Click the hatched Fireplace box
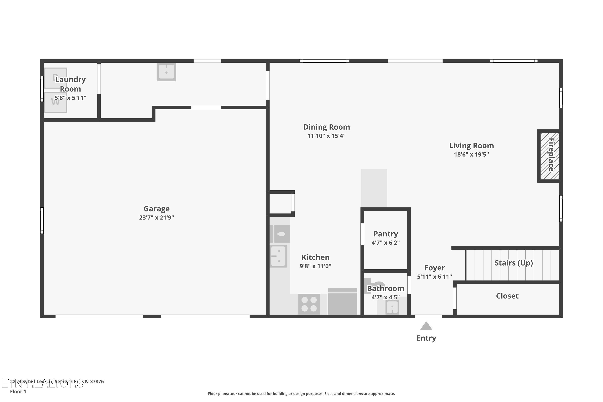pyautogui.click(x=549, y=156)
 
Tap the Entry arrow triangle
pyautogui.click(x=426, y=326)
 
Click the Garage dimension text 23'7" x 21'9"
pyautogui.click(x=156, y=217)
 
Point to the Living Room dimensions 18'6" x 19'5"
pyautogui.click(x=471, y=154)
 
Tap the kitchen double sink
pyautogui.click(x=278, y=256)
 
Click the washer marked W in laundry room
pyautogui.click(x=55, y=102)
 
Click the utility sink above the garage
pyautogui.click(x=166, y=72)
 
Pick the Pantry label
pyautogui.click(x=386, y=234)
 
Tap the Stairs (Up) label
pyautogui.click(x=514, y=263)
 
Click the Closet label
pyautogui.click(x=507, y=296)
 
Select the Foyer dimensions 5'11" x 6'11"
pyautogui.click(x=434, y=277)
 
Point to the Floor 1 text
pyautogui.click(x=18, y=392)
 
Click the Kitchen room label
pyautogui.click(x=315, y=257)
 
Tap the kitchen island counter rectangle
pyautogui.click(x=374, y=188)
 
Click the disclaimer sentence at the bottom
pyautogui.click(x=301, y=394)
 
